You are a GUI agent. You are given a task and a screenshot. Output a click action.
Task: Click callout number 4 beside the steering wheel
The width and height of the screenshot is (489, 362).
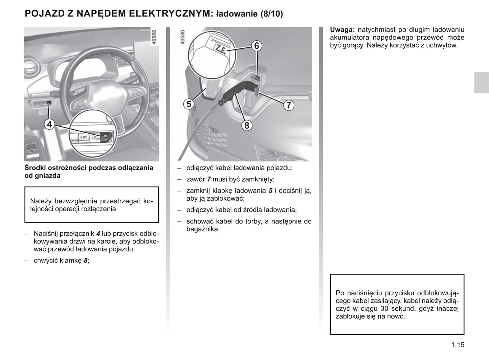point(49,125)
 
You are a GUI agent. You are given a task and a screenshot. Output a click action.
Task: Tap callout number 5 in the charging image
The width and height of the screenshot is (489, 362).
point(189,104)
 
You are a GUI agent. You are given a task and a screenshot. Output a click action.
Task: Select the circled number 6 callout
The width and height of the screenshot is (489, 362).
point(257,46)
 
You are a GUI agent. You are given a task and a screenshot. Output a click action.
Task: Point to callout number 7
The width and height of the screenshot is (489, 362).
point(288,105)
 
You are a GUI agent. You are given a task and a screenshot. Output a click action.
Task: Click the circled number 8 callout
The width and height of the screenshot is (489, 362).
point(247,126)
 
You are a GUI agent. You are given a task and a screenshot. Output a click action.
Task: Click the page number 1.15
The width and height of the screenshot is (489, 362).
point(458,345)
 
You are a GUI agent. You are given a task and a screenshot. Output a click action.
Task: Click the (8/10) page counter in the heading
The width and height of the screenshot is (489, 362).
point(271,14)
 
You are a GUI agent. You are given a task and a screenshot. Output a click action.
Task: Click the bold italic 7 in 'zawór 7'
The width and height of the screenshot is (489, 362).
point(209,179)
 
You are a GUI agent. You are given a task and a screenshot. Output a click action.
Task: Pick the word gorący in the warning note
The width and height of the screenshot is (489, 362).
point(353,45)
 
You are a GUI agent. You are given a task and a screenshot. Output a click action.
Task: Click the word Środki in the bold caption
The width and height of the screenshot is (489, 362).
point(35,168)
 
